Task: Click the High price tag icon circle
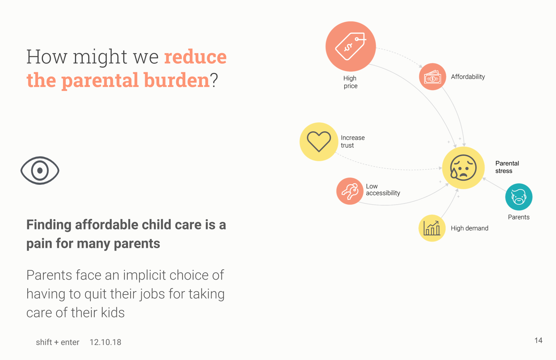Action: tap(351, 46)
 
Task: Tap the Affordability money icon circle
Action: tap(433, 77)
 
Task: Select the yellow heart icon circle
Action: tap(319, 141)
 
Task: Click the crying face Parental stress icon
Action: tap(463, 168)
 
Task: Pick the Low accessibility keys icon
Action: tap(350, 191)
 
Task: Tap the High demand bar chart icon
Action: tap(432, 228)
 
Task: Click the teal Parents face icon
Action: tap(519, 197)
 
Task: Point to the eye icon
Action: tap(40, 170)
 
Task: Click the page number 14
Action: tap(538, 340)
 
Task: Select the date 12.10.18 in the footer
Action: tap(105, 342)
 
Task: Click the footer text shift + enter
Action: tap(58, 342)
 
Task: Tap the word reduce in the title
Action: tap(195, 57)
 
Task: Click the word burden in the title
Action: tap(176, 80)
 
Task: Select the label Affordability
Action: tap(468, 77)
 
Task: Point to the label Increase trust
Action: tap(353, 141)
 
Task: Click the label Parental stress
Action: tap(507, 167)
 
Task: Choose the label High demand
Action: tap(469, 228)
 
